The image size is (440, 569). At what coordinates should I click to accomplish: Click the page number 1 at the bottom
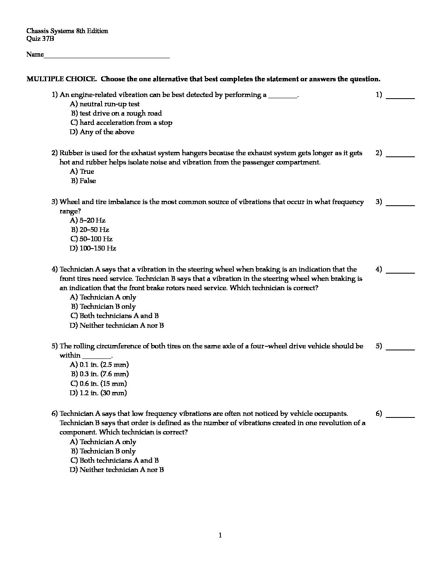(220, 535)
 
